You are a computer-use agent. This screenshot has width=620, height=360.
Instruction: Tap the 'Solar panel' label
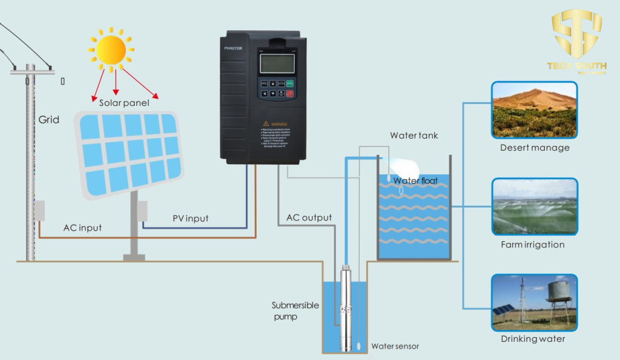(124, 103)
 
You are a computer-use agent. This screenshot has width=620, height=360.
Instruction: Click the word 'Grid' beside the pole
(49, 120)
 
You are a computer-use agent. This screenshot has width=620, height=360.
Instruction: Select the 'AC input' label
(82, 228)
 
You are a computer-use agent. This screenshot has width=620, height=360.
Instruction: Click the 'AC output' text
(309, 218)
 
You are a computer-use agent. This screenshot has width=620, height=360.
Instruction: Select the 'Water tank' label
(414, 136)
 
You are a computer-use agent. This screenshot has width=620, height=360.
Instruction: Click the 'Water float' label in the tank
(415, 180)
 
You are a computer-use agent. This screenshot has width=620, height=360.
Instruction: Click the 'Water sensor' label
(394, 346)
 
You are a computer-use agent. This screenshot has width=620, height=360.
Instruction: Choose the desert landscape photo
(534, 110)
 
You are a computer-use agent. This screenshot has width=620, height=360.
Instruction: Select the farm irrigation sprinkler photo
(534, 206)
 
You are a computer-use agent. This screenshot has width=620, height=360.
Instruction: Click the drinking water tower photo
(534, 302)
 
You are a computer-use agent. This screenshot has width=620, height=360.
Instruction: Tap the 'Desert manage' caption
(535, 148)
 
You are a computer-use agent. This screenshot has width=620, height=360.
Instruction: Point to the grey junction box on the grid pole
(39, 210)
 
